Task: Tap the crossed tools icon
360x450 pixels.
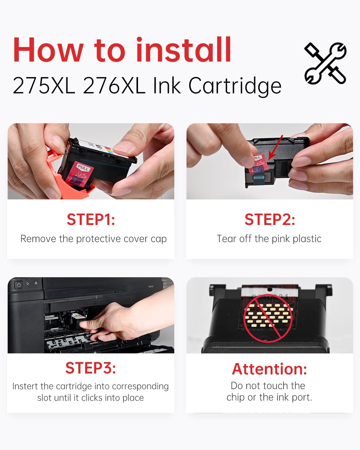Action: pos(325,63)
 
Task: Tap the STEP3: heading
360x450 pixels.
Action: pos(91,368)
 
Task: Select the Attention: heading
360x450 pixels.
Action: pos(269,369)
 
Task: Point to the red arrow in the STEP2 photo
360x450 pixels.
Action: pos(275,147)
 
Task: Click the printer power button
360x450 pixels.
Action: pos(19,285)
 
